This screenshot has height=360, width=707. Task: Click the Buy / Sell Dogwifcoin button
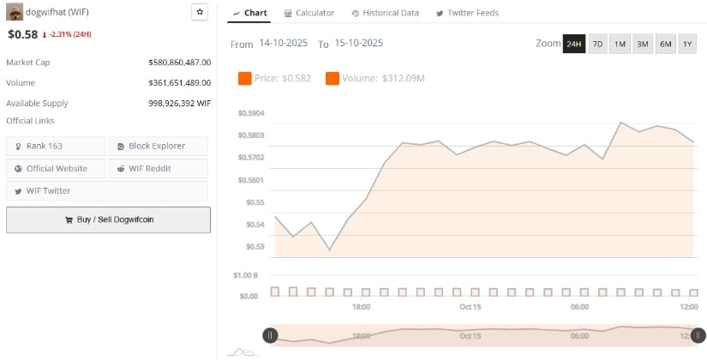pyautogui.click(x=108, y=219)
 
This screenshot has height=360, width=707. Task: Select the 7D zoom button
pyautogui.click(x=597, y=44)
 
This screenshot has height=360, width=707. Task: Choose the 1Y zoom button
pyautogui.click(x=687, y=44)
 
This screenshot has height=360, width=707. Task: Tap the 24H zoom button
pyautogui.click(x=573, y=44)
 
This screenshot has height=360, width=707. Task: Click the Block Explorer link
pyautogui.click(x=159, y=146)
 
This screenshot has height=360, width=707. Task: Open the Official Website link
pyautogui.click(x=56, y=168)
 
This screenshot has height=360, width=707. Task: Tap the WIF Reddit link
pyautogui.click(x=159, y=168)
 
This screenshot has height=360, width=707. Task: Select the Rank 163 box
pyautogui.click(x=56, y=146)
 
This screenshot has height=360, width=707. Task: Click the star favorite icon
pyautogui.click(x=199, y=13)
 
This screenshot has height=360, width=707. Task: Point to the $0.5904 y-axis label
pyautogui.click(x=251, y=113)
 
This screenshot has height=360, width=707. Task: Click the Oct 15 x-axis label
pyautogui.click(x=470, y=307)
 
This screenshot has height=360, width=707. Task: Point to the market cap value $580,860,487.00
pyautogui.click(x=179, y=63)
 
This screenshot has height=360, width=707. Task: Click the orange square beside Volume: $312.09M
pyautogui.click(x=333, y=79)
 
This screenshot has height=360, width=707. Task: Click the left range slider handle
pyautogui.click(x=270, y=335)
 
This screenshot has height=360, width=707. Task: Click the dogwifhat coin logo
pyautogui.click(x=15, y=13)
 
